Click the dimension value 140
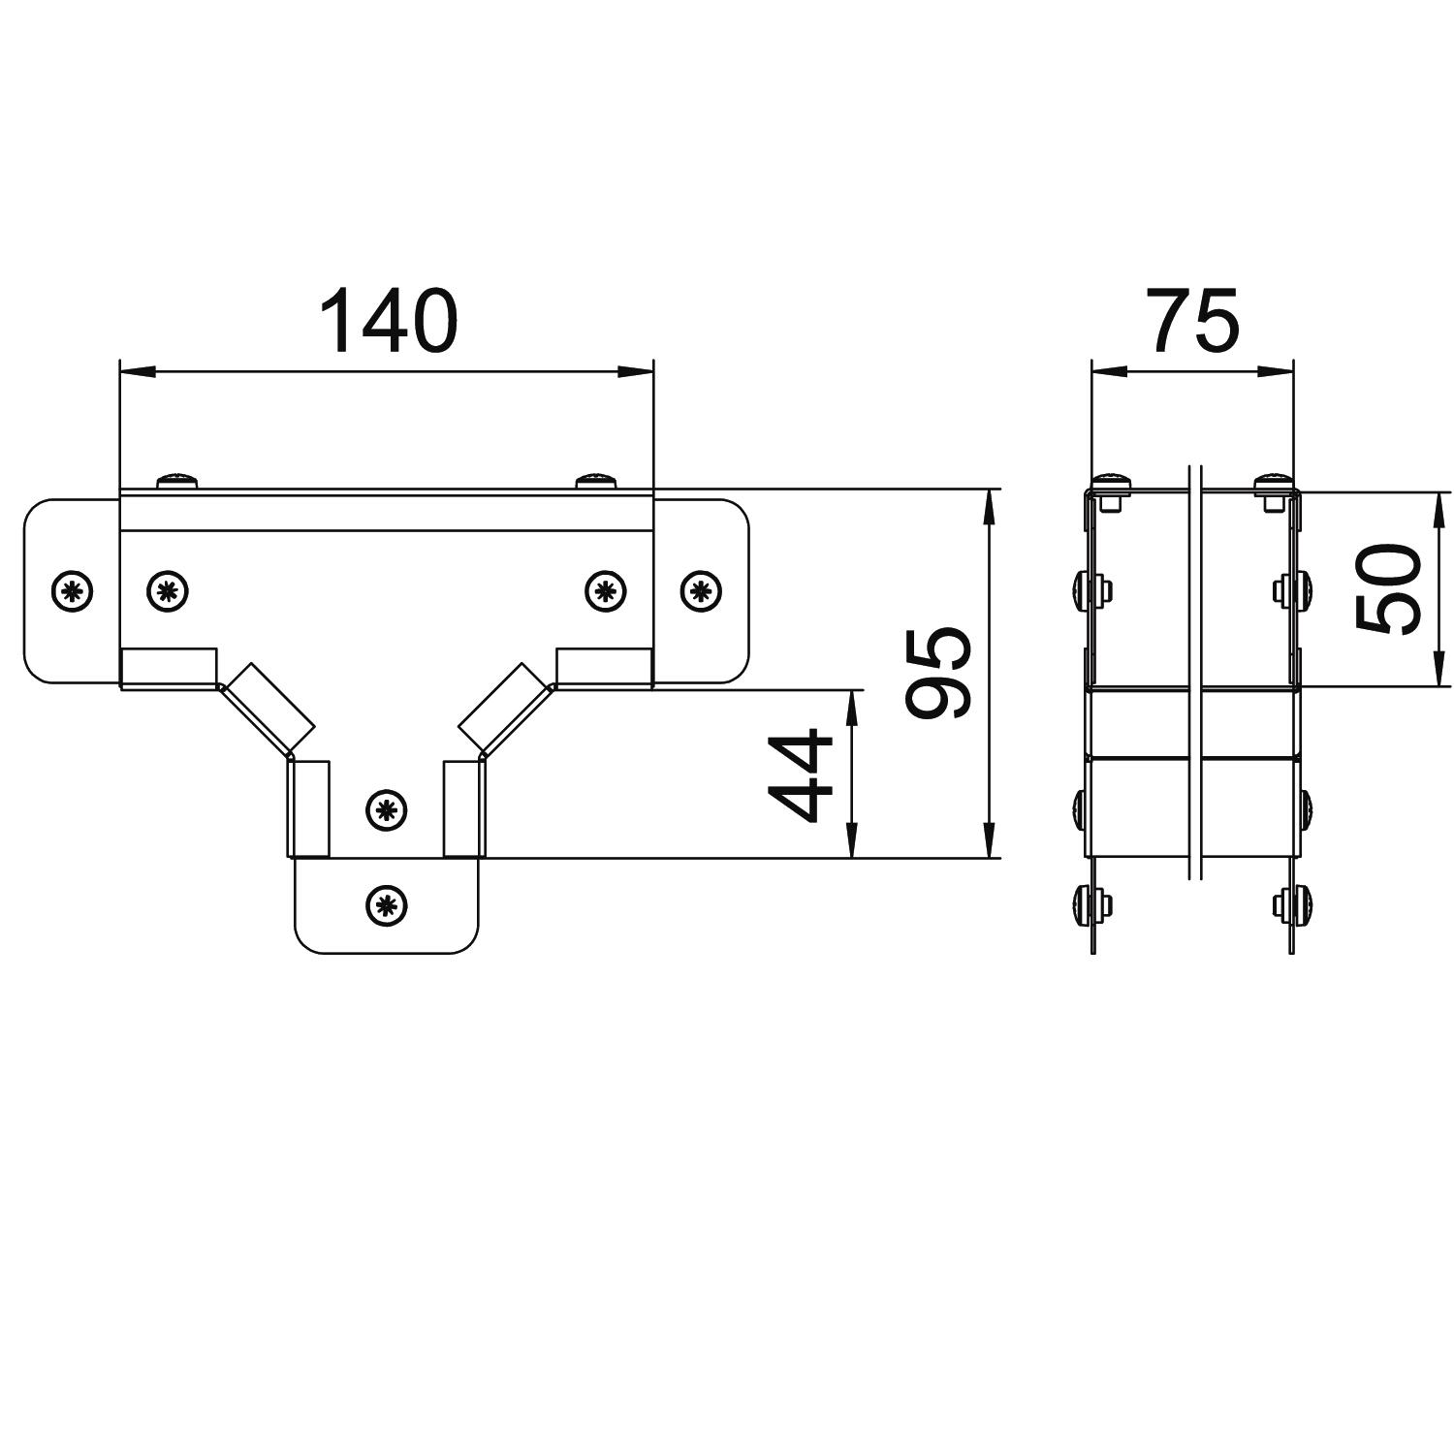[x=387, y=320]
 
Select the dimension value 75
[x=1193, y=320]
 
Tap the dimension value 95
[x=937, y=673]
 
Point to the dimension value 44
[x=801, y=775]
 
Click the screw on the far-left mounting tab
[x=72, y=589]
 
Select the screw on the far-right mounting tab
[x=701, y=589]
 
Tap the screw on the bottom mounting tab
[x=387, y=905]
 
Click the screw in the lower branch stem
[x=387, y=808]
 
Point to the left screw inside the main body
[x=168, y=589]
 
